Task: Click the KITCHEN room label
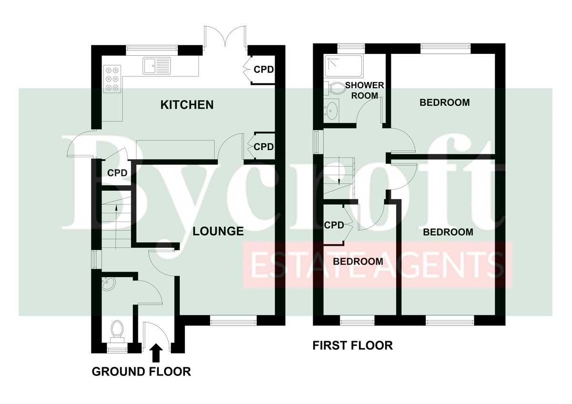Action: pos(187,105)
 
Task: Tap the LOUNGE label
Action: pos(218,231)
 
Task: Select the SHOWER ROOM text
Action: pos(364,91)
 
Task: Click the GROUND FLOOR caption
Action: pos(141,372)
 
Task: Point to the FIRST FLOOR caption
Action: pos(353,345)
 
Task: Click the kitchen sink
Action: pos(157,66)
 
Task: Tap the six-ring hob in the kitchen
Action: pos(112,79)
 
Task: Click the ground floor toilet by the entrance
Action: pos(117,332)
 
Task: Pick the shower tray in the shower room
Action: pos(343,66)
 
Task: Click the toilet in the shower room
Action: pos(334,89)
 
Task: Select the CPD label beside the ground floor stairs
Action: pos(117,173)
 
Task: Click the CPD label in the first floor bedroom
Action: pos(334,225)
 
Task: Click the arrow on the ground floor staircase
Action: pos(116,227)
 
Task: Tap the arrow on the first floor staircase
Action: pos(339,171)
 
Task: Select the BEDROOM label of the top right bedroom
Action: pos(445,102)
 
